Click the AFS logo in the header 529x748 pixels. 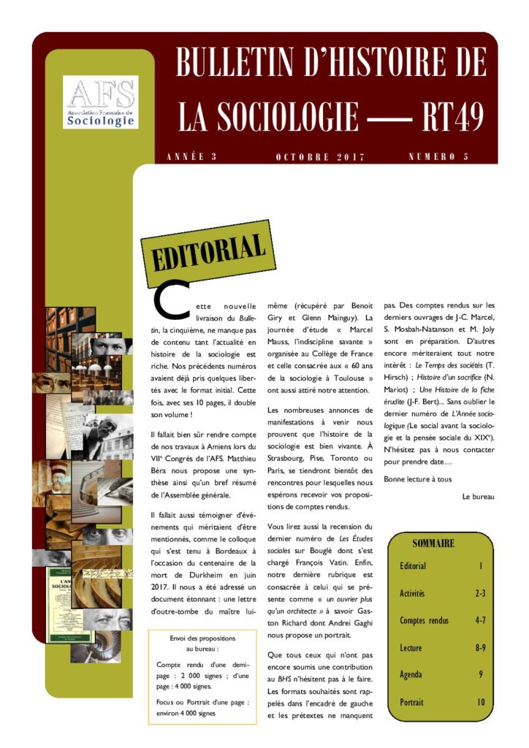pyautogui.click(x=101, y=102)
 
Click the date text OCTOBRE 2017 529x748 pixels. pyautogui.click(x=321, y=157)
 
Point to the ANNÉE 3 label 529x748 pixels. pyautogui.click(x=192, y=157)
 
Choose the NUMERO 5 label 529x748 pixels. pyautogui.click(x=438, y=157)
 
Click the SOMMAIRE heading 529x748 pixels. pyautogui.click(x=433, y=543)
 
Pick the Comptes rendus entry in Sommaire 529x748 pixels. pyautogui.click(x=424, y=621)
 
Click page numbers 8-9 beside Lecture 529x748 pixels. pyautogui.click(x=480, y=648)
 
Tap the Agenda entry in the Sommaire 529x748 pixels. pyautogui.click(x=411, y=675)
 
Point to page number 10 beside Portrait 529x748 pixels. pyautogui.click(x=481, y=702)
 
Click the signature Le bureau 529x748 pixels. pyautogui.click(x=479, y=497)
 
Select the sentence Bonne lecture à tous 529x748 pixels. pyautogui.click(x=418, y=479)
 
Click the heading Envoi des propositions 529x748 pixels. pyautogui.click(x=202, y=638)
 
